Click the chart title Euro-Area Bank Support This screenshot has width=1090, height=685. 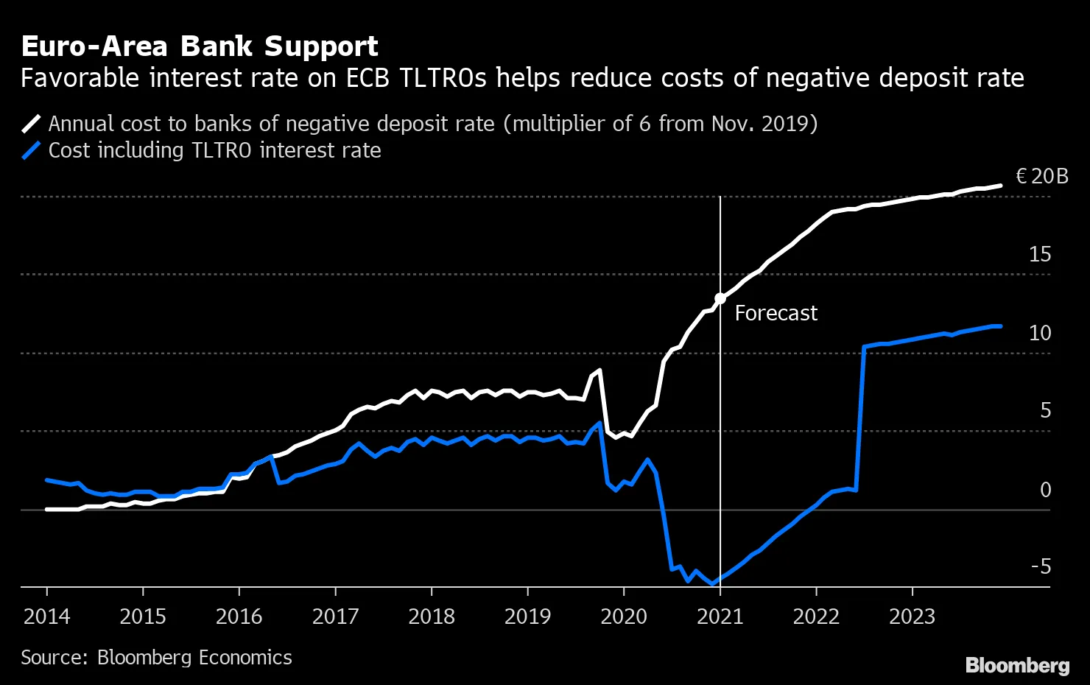click(200, 46)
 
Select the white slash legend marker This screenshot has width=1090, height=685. click(32, 123)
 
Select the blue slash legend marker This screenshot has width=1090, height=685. click(32, 150)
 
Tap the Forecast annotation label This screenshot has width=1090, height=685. click(776, 314)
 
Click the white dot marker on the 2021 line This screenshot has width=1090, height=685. click(720, 298)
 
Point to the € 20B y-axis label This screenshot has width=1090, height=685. click(1041, 177)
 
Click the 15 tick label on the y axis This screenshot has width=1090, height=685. click(1039, 255)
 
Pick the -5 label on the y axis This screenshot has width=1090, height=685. click(1040, 567)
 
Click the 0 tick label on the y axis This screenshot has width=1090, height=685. click(1045, 490)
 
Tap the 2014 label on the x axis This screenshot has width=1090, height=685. click(46, 616)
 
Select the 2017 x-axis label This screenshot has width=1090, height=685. click(335, 616)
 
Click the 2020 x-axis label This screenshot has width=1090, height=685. click(624, 616)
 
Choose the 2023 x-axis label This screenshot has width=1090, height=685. click(912, 616)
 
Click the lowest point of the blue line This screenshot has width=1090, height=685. click(712, 584)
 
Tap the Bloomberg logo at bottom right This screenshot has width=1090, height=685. click(1017, 665)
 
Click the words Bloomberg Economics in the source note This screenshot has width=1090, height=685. click(194, 658)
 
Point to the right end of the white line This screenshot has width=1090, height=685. click(999, 186)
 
